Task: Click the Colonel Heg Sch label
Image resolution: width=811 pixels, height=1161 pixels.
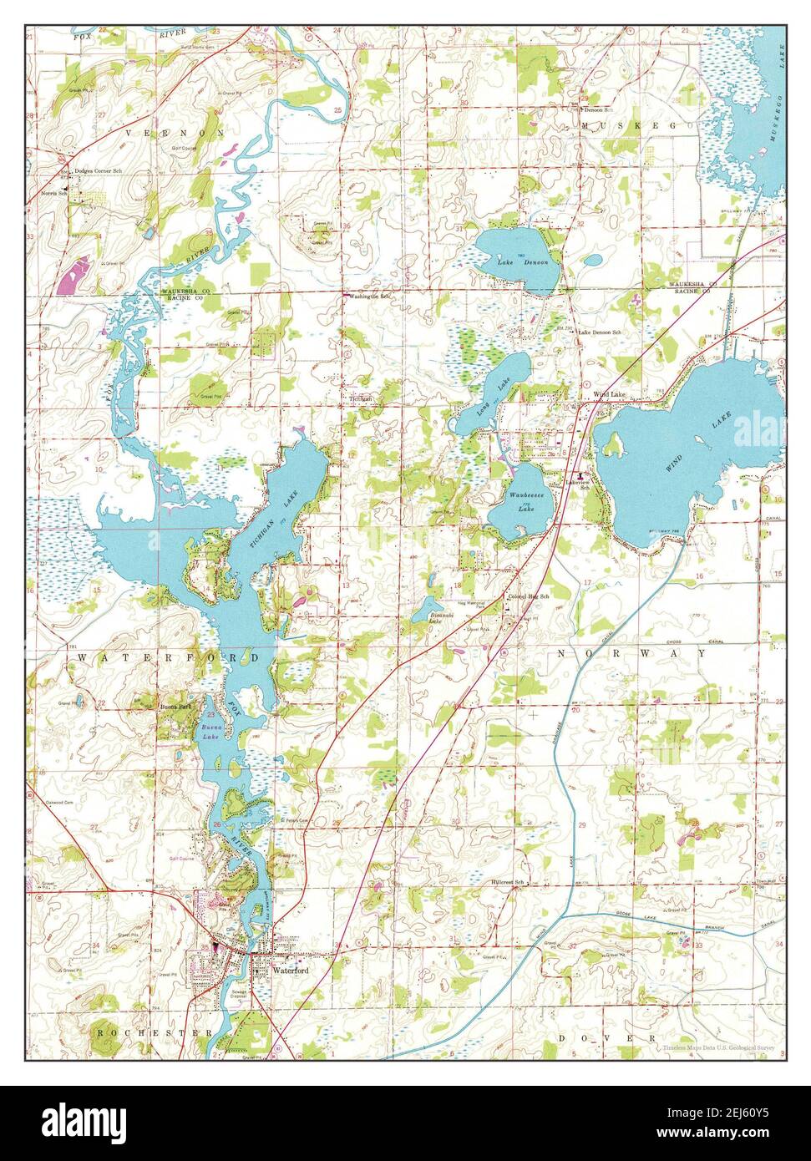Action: (x=528, y=597)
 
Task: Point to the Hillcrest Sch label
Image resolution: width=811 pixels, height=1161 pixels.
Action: (x=507, y=882)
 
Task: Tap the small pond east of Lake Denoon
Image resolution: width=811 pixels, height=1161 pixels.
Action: (x=592, y=260)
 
